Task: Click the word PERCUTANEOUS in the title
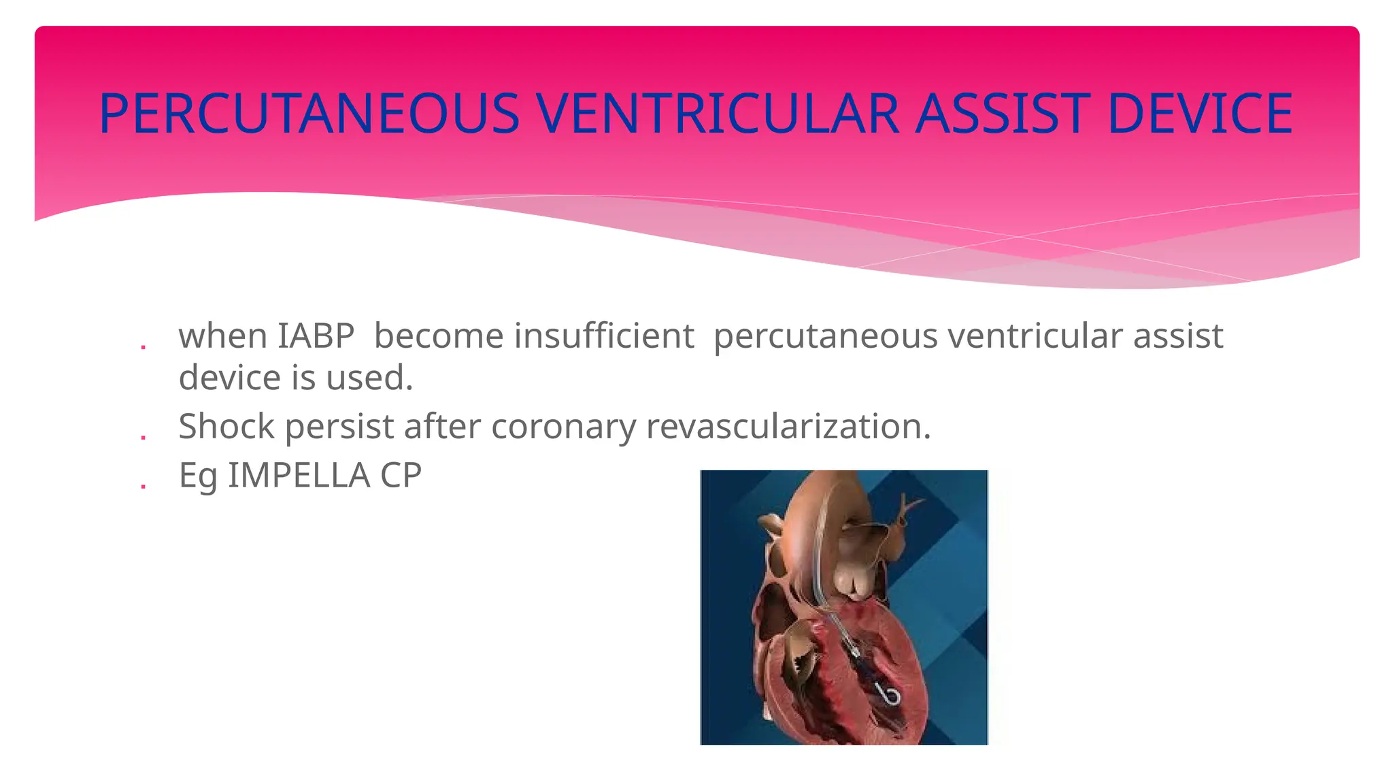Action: [x=309, y=114]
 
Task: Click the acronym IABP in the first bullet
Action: [x=316, y=336]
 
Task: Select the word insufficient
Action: [x=604, y=336]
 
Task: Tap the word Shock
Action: [x=226, y=427]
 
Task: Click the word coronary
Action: [x=563, y=427]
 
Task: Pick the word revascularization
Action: [x=788, y=427]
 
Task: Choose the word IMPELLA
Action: [x=299, y=475]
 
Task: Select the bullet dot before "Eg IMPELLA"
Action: [x=143, y=485]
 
